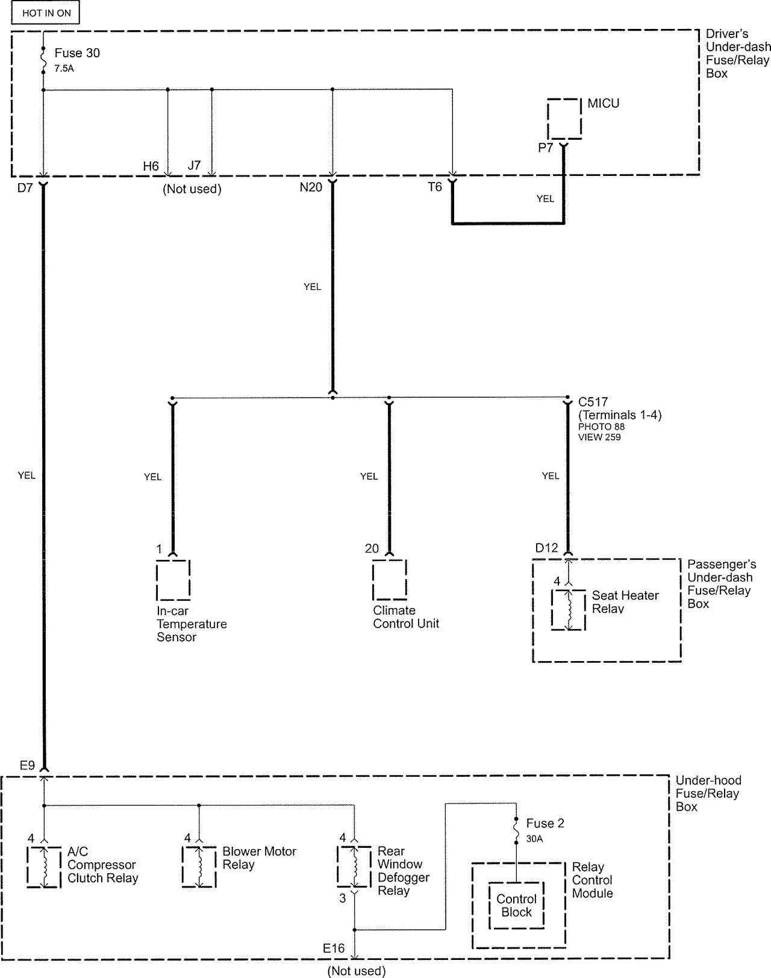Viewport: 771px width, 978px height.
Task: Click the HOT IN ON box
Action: (45, 13)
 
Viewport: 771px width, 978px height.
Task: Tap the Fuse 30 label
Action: (76, 53)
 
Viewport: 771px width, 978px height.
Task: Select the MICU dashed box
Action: (564, 119)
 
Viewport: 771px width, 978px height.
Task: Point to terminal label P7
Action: (545, 148)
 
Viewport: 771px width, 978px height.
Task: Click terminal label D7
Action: (25, 187)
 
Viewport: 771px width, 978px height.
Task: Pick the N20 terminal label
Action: (311, 187)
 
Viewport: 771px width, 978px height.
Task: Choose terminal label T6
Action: (435, 187)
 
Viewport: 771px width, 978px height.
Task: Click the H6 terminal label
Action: (151, 166)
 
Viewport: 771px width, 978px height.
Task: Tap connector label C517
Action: (593, 402)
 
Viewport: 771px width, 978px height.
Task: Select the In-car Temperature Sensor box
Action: (173, 580)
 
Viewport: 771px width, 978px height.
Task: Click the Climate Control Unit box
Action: (389, 580)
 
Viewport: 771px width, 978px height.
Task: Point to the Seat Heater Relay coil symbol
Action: (569, 610)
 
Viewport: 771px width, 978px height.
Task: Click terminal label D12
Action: (546, 548)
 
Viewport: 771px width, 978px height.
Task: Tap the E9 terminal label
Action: (27, 765)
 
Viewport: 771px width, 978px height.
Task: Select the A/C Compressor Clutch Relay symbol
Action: (43, 867)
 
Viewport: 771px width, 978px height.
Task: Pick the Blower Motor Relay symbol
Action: (199, 867)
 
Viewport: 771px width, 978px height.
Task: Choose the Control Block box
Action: (516, 906)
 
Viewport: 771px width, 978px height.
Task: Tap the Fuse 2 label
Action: (545, 823)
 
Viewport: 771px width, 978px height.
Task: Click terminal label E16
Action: (334, 948)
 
